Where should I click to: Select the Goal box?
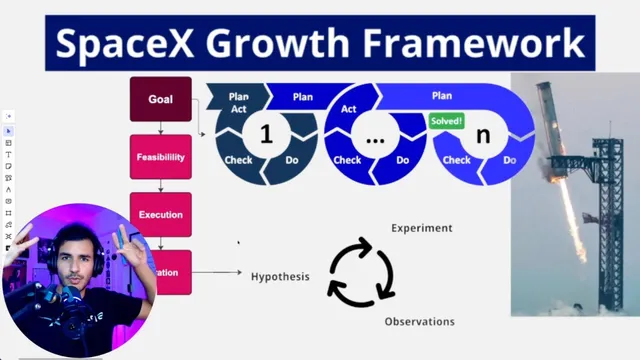160,99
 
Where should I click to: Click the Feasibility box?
160,157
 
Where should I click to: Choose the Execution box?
160,214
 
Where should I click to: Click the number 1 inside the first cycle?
266,135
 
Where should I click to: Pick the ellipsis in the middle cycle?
375,137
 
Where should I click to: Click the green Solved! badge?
446,120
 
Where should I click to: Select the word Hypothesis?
280,277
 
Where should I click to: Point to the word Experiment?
421,228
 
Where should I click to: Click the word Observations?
419,321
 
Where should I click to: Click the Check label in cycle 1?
238,160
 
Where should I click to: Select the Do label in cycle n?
510,160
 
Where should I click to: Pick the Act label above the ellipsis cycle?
349,109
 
